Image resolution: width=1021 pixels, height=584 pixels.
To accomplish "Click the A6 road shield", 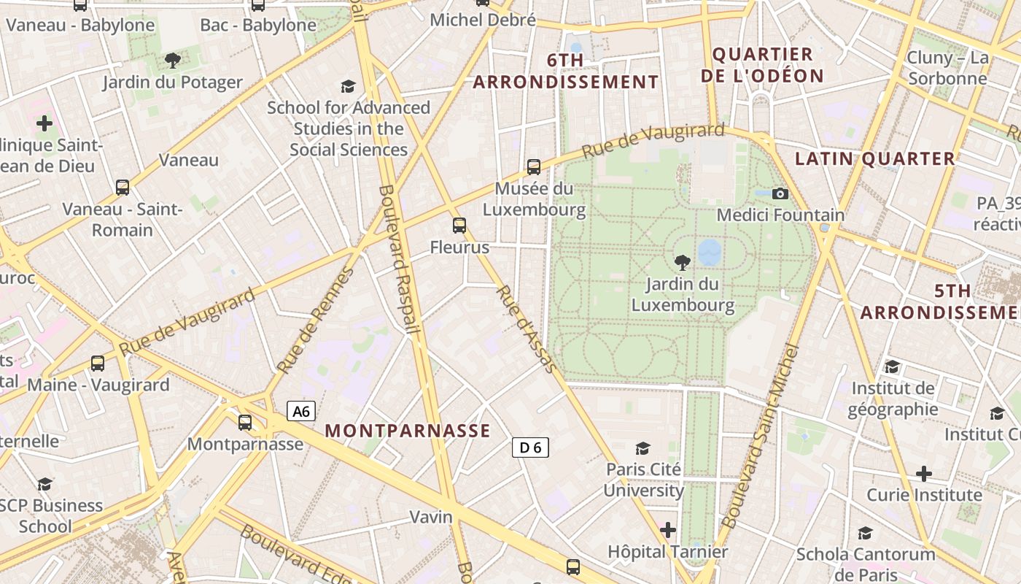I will [301, 412].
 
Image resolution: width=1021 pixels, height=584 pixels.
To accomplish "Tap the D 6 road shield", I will [530, 447].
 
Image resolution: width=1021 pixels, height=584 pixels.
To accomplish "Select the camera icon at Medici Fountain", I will [780, 193].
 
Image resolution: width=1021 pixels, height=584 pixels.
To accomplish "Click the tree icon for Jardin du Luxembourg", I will [683, 262].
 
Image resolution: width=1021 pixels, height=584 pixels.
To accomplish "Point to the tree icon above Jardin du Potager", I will [173, 61].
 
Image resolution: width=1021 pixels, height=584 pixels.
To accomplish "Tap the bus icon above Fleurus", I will [459, 226].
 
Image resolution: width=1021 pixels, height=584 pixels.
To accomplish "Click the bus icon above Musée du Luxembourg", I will [534, 167].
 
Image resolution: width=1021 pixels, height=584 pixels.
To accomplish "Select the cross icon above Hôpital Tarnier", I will [668, 530].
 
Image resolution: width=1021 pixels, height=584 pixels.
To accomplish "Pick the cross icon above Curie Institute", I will [924, 474].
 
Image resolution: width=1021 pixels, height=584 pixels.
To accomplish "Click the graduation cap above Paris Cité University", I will [643, 448].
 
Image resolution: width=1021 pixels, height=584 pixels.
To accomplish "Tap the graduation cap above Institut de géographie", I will [892, 366].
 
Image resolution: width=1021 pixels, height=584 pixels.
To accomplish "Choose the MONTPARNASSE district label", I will [408, 431].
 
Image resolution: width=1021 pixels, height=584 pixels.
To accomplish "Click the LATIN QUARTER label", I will [874, 158].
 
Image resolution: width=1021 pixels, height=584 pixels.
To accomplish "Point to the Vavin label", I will [431, 517].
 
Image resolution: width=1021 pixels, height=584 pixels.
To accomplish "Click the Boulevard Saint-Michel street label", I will [760, 437].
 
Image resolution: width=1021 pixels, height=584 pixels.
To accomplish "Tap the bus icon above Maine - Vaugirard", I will [97, 364].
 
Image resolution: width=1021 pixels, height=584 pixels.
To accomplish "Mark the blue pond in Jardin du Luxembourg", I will [710, 253].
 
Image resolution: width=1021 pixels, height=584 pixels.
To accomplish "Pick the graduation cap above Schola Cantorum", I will [865, 534].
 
